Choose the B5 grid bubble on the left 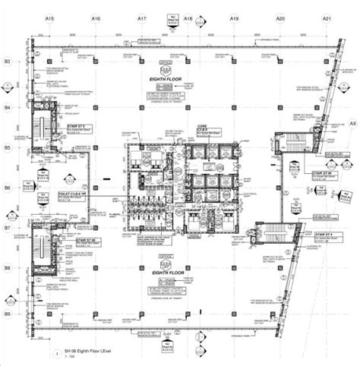[x=7, y=147]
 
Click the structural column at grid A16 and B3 [x=96, y=61]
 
